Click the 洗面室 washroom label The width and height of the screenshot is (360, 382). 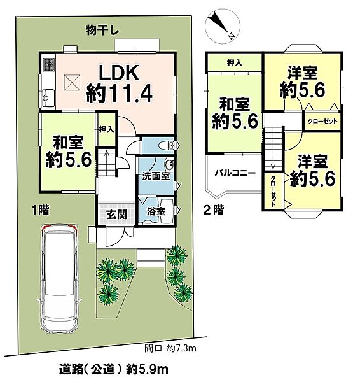(156, 176)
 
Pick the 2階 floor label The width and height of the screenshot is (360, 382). (212, 208)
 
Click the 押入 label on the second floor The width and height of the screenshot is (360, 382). (234, 62)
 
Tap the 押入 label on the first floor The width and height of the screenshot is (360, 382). (106, 129)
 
